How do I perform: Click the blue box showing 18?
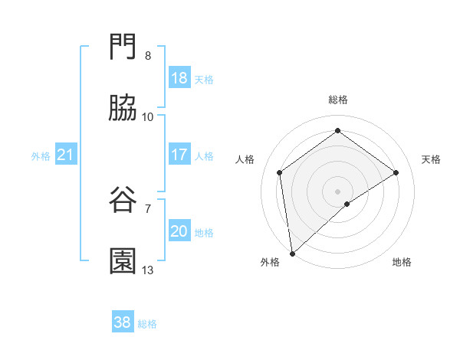[x=179, y=78]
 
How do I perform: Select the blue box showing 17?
[x=179, y=155]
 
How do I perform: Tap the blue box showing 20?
[x=179, y=231]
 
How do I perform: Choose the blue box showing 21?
[x=66, y=155]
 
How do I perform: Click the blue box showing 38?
[x=123, y=322]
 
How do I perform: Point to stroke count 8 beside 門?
[x=148, y=56]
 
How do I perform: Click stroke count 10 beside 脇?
[x=148, y=117]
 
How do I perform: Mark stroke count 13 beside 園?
[x=148, y=270]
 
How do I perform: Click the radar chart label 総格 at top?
[x=338, y=100]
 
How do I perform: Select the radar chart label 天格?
[x=431, y=159]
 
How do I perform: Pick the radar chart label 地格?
[x=402, y=262]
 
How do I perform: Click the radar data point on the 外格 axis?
[x=292, y=253]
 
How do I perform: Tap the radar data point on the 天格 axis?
[x=396, y=172]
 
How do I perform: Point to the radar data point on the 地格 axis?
[x=347, y=204]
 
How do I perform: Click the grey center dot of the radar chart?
[x=338, y=191]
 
